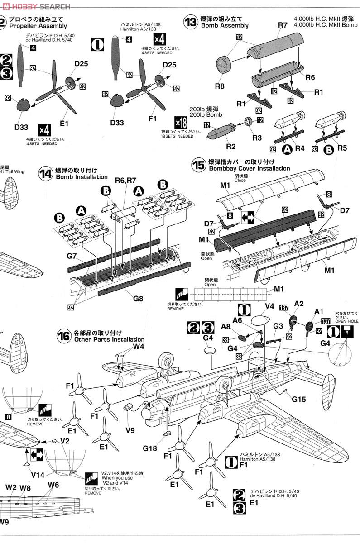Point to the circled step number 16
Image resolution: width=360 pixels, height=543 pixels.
point(64,336)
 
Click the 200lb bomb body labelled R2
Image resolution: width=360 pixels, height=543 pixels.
point(219,131)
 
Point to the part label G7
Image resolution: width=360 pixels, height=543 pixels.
point(72,256)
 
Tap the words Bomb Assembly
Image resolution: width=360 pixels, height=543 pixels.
point(225,26)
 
